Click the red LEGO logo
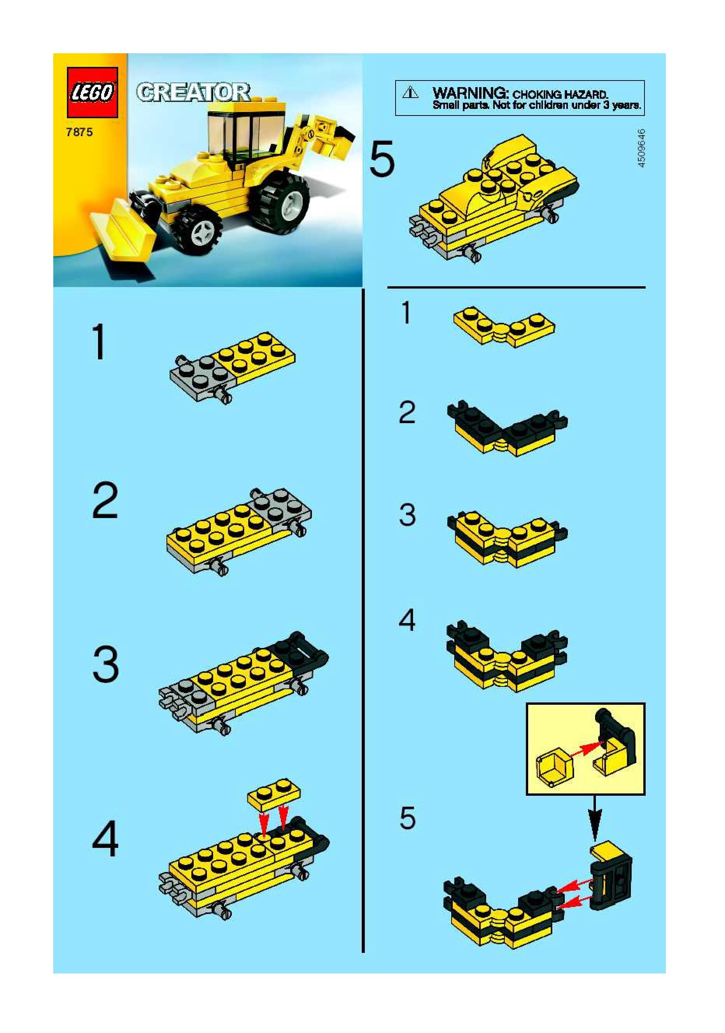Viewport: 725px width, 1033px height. click(x=92, y=92)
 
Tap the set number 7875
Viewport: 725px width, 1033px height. click(x=79, y=132)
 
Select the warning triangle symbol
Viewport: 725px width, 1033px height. click(x=410, y=93)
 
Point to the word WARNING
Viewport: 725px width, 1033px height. click(x=470, y=93)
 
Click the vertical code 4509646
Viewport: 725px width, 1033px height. click(x=642, y=148)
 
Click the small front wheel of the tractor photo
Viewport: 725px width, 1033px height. click(x=200, y=229)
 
